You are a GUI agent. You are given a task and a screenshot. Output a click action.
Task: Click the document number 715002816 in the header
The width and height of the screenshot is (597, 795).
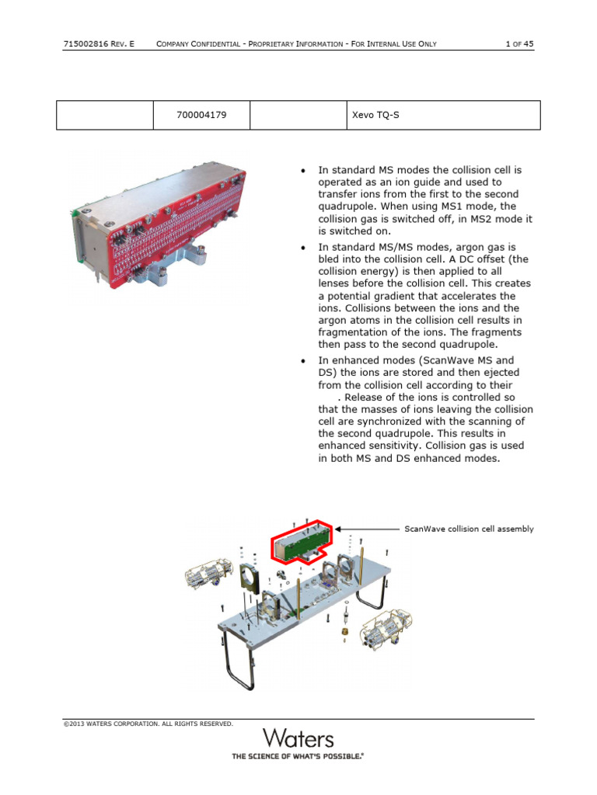[83, 44]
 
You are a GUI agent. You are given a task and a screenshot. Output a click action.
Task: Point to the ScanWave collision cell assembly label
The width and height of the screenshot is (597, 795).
[469, 529]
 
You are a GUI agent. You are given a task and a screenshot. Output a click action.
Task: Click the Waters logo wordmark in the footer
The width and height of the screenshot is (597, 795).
[298, 738]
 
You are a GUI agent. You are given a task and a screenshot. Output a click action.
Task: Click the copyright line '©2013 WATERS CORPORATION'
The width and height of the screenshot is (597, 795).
[148, 724]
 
